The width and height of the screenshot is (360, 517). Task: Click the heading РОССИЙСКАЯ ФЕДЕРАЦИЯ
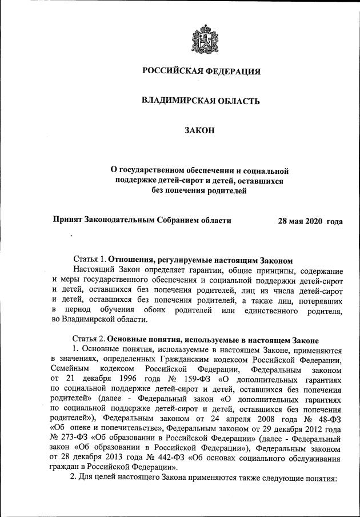(201, 71)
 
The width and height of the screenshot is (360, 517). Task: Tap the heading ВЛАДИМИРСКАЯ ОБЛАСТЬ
(201, 101)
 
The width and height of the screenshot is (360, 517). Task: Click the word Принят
(67, 220)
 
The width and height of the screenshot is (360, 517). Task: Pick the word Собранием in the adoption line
(174, 220)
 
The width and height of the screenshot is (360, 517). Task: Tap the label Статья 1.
(90, 259)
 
